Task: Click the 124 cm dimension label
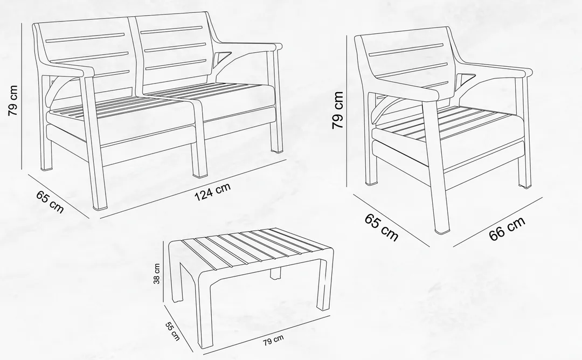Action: [213, 191]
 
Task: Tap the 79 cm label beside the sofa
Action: [13, 100]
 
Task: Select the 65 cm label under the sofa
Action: [50, 202]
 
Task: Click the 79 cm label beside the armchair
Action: [338, 110]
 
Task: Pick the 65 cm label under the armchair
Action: [382, 227]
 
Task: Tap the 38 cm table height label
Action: [157, 274]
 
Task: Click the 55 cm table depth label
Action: [172, 330]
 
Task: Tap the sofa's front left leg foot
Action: [100, 206]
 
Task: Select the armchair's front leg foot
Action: [442, 230]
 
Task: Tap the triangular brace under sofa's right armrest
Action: [219, 58]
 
